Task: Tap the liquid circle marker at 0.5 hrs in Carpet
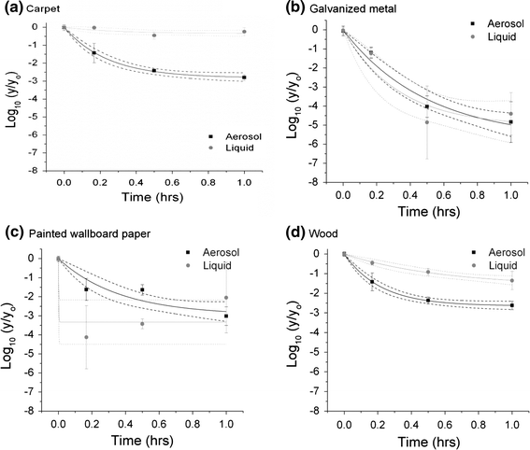point(154,35)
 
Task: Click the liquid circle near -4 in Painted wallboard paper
point(86,337)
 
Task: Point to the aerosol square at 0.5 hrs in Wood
point(428,300)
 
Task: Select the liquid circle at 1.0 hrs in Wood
point(510,280)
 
